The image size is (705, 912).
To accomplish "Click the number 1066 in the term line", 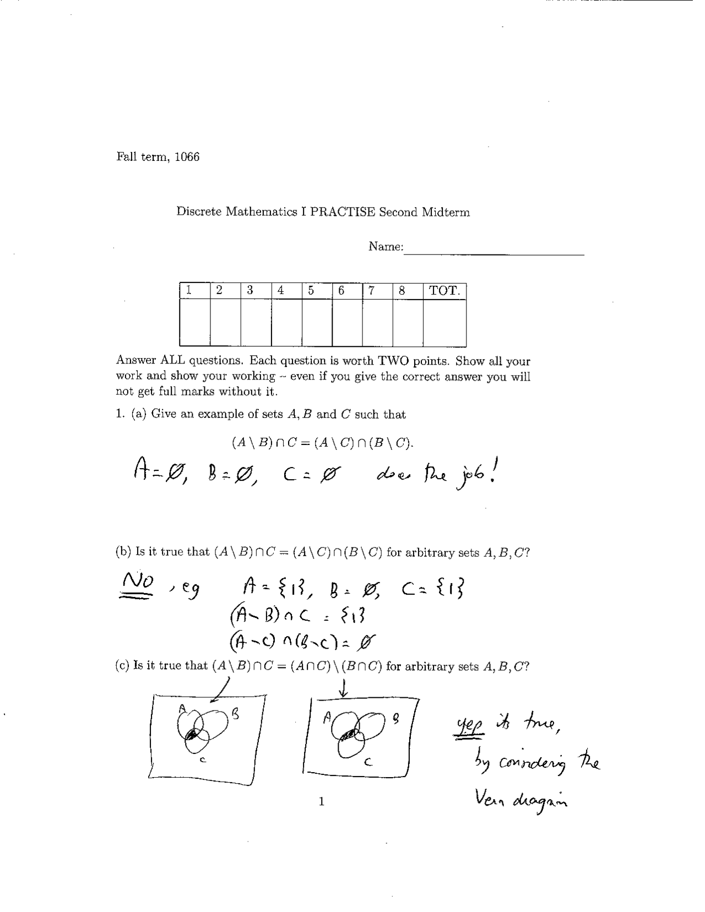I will (187, 157).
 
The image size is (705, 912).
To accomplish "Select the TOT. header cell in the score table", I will (444, 291).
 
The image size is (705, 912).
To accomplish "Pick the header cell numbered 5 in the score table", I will (311, 291).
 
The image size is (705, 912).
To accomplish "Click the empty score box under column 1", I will (195, 323).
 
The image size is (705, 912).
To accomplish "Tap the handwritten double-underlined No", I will (138, 582).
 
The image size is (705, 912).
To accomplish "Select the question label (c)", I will (122, 666).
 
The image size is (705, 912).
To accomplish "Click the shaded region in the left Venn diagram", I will (192, 734).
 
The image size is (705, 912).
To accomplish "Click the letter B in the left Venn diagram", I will (235, 715).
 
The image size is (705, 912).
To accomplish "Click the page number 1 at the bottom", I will (322, 801).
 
